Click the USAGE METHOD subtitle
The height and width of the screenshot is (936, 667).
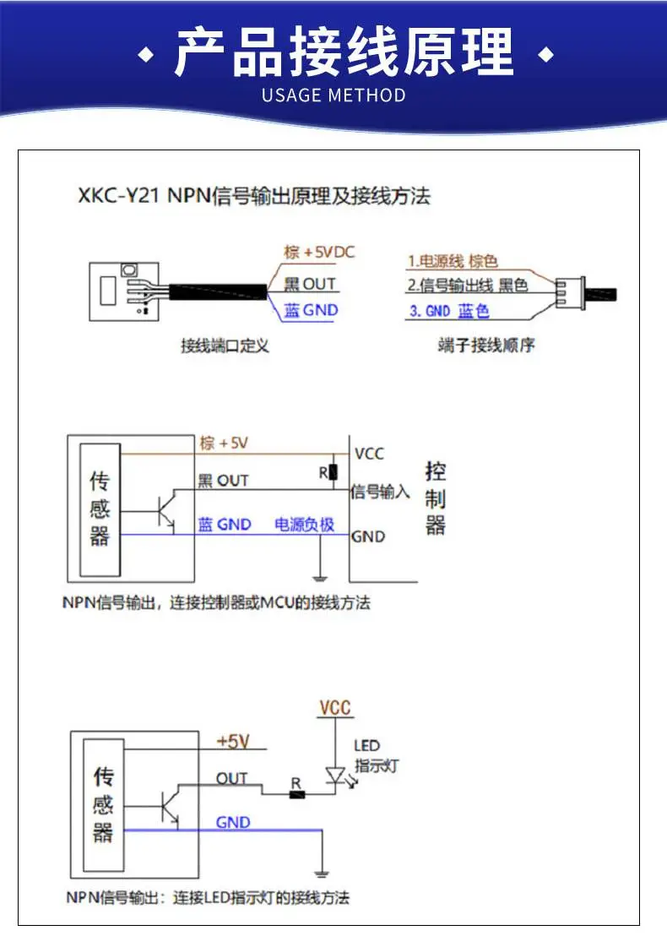coord(333,95)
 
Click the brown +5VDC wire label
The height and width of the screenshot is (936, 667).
coord(319,253)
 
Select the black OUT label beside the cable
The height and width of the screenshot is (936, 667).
coord(310,284)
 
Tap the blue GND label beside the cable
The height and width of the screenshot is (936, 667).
coord(311,310)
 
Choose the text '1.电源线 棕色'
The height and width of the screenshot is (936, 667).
coord(453,262)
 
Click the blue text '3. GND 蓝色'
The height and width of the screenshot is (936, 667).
coord(449,311)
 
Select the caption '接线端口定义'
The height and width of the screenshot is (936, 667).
coord(225,346)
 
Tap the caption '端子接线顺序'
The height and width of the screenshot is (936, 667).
coord(486,345)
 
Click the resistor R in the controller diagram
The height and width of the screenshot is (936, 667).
coord(333,472)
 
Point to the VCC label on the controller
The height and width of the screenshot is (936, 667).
coord(369,454)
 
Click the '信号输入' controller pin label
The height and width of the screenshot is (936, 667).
coord(380,492)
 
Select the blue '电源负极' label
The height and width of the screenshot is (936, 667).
coord(304,525)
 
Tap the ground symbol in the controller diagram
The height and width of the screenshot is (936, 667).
coord(320,577)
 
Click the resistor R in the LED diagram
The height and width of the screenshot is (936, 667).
coord(297,795)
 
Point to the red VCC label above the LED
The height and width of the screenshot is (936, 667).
coord(334,708)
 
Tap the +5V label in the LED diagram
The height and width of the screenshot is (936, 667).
coord(233,742)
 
